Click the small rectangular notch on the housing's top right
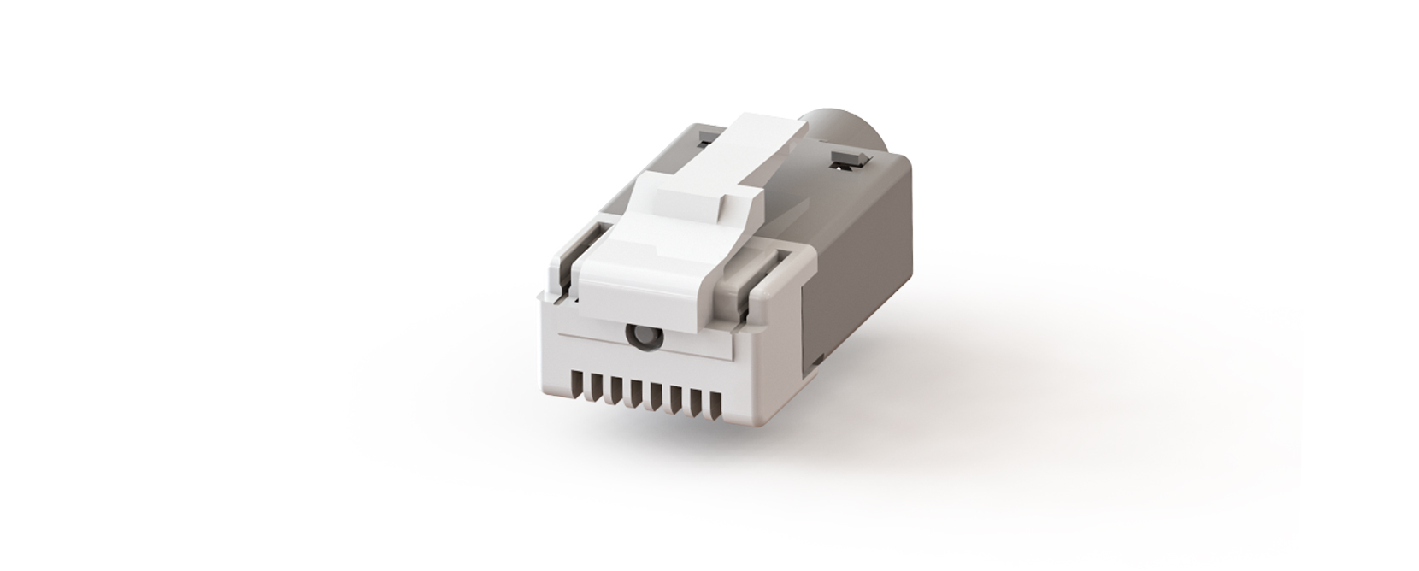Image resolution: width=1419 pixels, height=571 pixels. coord(846,157)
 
